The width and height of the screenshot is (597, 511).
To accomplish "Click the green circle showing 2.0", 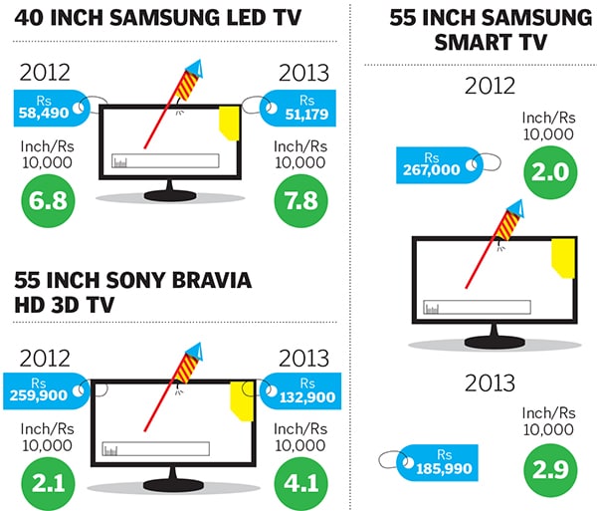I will [548, 170].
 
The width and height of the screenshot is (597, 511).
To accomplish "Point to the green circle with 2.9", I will [548, 465].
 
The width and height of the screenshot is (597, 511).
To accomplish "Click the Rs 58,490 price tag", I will [44, 107].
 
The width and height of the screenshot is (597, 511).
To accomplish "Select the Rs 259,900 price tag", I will [42, 388].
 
